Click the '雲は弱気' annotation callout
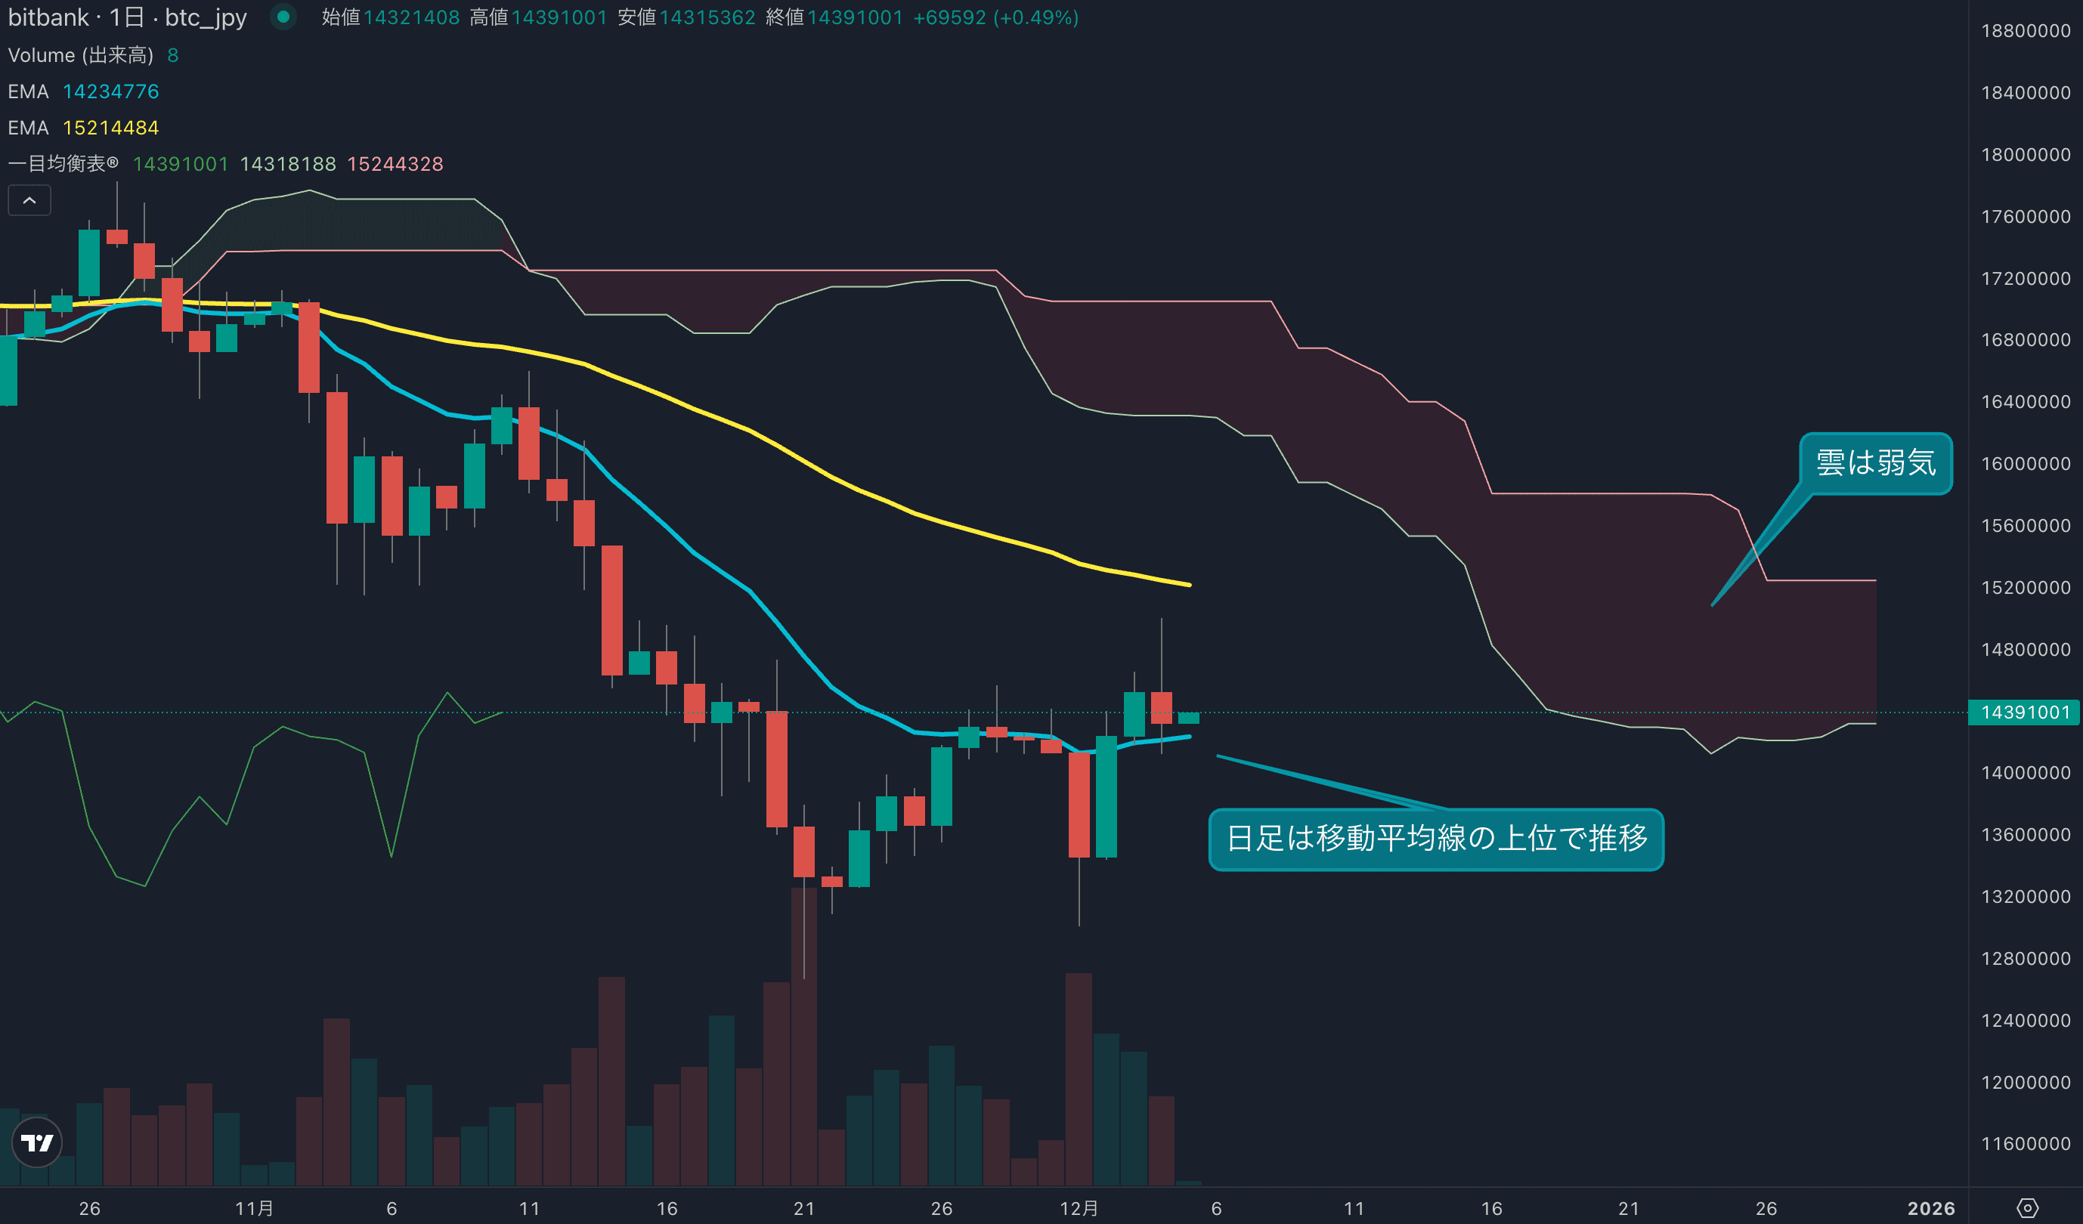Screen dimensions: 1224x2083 1875,463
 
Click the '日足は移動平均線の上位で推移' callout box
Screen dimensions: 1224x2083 1436,839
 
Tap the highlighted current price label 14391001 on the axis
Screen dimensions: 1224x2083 2024,712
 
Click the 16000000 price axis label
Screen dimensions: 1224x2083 2025,464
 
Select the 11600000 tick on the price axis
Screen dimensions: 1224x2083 2025,1144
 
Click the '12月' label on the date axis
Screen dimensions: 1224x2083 1079,1208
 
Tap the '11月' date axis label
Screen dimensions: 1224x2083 254,1208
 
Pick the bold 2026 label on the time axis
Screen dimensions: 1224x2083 1931,1208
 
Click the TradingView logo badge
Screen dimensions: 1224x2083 37,1142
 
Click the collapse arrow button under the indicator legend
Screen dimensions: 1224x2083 29,200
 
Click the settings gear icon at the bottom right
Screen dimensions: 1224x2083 2028,1208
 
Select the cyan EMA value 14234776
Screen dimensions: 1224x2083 111,91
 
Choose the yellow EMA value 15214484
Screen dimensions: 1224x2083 111,128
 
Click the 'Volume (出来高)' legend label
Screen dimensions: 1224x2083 80,55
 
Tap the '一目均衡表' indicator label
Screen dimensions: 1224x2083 63,164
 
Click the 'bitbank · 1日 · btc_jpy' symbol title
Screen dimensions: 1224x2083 127,17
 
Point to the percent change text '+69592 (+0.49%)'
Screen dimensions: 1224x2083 995,17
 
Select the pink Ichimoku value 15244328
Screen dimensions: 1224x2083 395,164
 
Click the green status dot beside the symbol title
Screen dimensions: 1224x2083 283,17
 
